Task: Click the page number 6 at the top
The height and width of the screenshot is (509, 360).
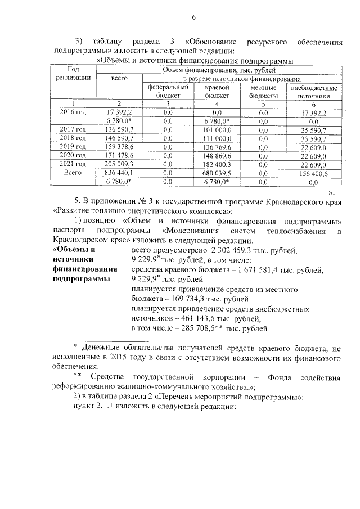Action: tap(193, 17)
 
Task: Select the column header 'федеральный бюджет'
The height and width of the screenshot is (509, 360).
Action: tap(168, 92)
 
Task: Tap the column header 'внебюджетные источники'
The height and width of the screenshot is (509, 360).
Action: tap(314, 92)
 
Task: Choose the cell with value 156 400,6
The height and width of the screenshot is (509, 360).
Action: tap(314, 173)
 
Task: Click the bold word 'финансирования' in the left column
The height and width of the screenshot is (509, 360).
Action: tap(85, 269)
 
